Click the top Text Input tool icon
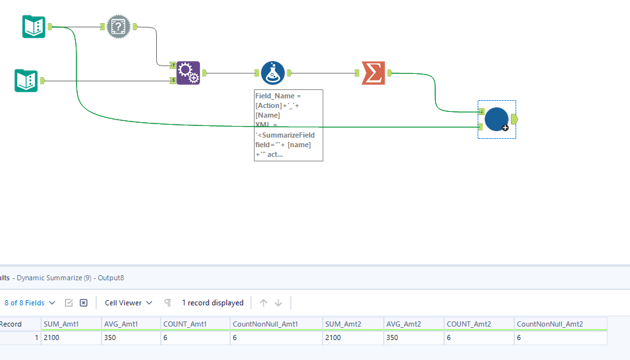[33, 26]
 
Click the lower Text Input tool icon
[26, 80]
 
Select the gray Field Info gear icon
[118, 26]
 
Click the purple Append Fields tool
[188, 73]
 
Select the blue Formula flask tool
[273, 73]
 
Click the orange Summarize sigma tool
[373, 73]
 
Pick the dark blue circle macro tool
[496, 120]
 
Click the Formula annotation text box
[288, 125]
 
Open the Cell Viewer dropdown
[129, 303]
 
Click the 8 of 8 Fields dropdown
[30, 303]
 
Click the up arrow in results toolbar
[263, 303]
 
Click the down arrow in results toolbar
[278, 303]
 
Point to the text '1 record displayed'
[212, 303]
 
